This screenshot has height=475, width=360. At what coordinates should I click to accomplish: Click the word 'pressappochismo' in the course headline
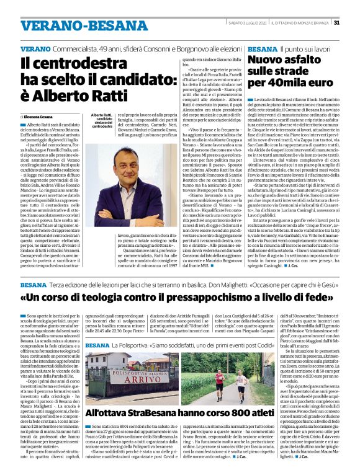pyautogui.click(x=218, y=298)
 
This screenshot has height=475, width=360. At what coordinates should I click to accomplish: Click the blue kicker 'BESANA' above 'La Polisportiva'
pyautogui.click(x=98, y=345)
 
